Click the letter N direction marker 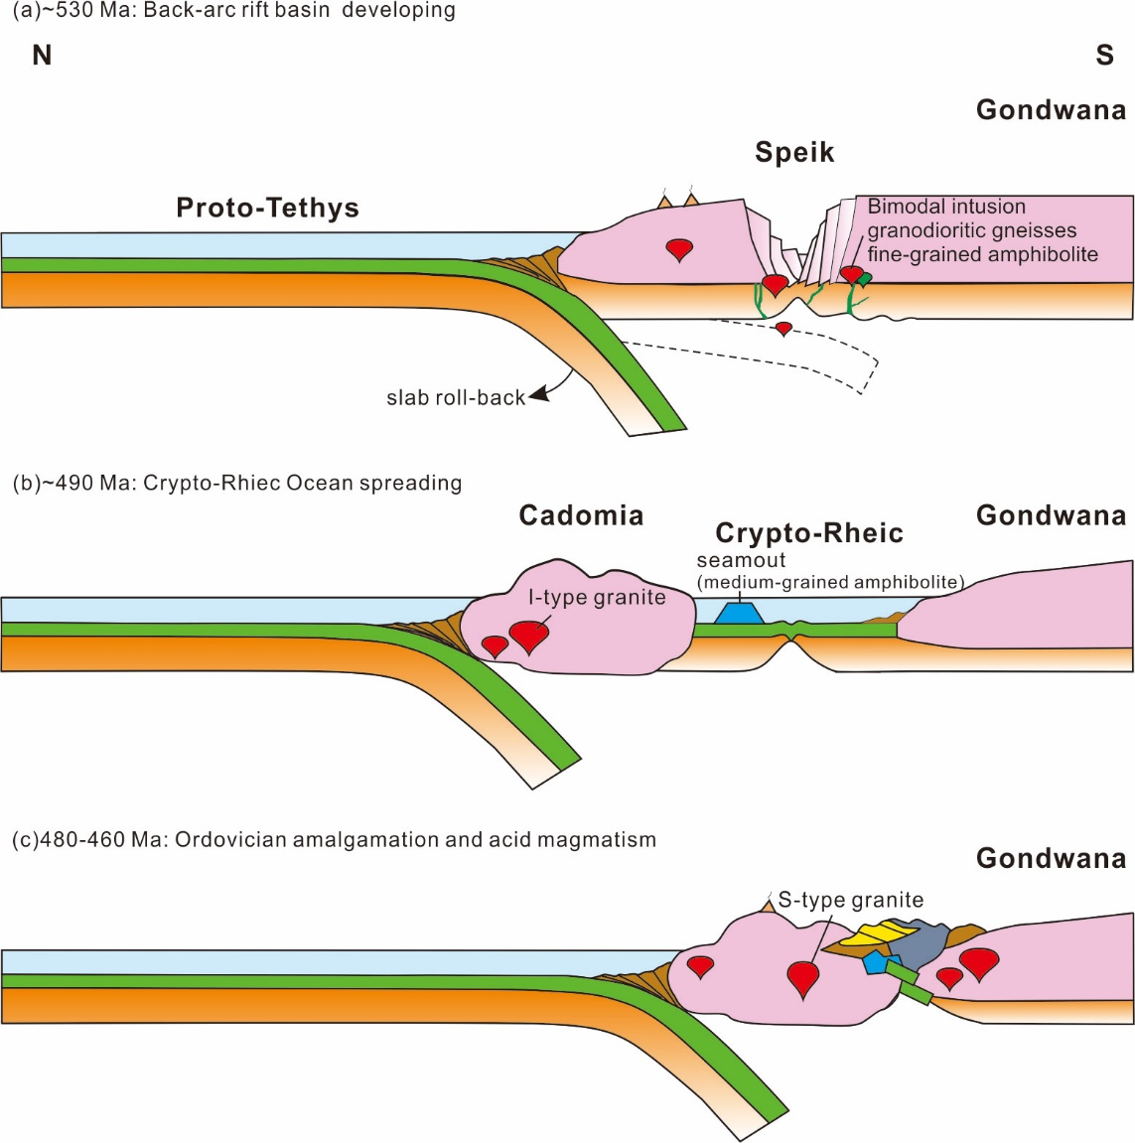pyautogui.click(x=42, y=56)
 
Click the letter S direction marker pyautogui.click(x=1104, y=56)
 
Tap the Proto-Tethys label pyautogui.click(x=267, y=208)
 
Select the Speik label pyautogui.click(x=794, y=152)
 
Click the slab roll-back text pyautogui.click(x=455, y=398)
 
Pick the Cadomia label pyautogui.click(x=581, y=515)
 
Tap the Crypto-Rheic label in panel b pyautogui.click(x=809, y=533)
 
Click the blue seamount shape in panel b pyautogui.click(x=739, y=613)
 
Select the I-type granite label pyautogui.click(x=597, y=597)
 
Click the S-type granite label pyautogui.click(x=851, y=900)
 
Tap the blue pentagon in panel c pyautogui.click(x=875, y=962)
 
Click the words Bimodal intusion pyautogui.click(x=946, y=207)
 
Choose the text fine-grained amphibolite pyautogui.click(x=982, y=254)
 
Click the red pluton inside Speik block pyautogui.click(x=679, y=249)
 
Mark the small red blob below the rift pyautogui.click(x=783, y=328)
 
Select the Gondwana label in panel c pyautogui.click(x=1051, y=858)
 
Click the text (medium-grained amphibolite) pyautogui.click(x=830, y=582)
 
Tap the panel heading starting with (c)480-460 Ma pyautogui.click(x=334, y=840)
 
